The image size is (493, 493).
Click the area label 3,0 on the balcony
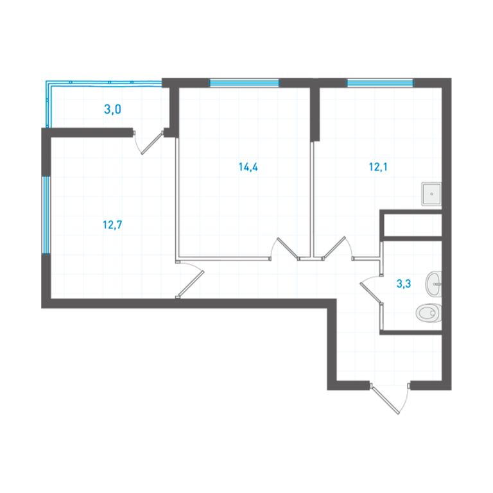tap(112, 109)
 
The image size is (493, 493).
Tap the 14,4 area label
tap(248, 167)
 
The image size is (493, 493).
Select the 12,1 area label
tap(378, 167)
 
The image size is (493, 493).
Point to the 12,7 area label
tap(112, 225)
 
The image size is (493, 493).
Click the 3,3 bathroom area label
tap(403, 284)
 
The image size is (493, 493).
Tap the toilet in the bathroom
tap(429, 313)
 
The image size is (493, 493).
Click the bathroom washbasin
tap(433, 284)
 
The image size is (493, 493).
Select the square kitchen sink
tap(431, 194)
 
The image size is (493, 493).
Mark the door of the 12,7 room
tap(190, 280)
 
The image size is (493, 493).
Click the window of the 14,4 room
tap(244, 83)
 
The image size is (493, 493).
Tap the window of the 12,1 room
tap(380, 83)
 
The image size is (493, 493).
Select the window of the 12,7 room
tap(46, 215)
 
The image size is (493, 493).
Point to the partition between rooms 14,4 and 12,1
tap(313, 200)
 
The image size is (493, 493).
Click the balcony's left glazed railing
tap(48, 105)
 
